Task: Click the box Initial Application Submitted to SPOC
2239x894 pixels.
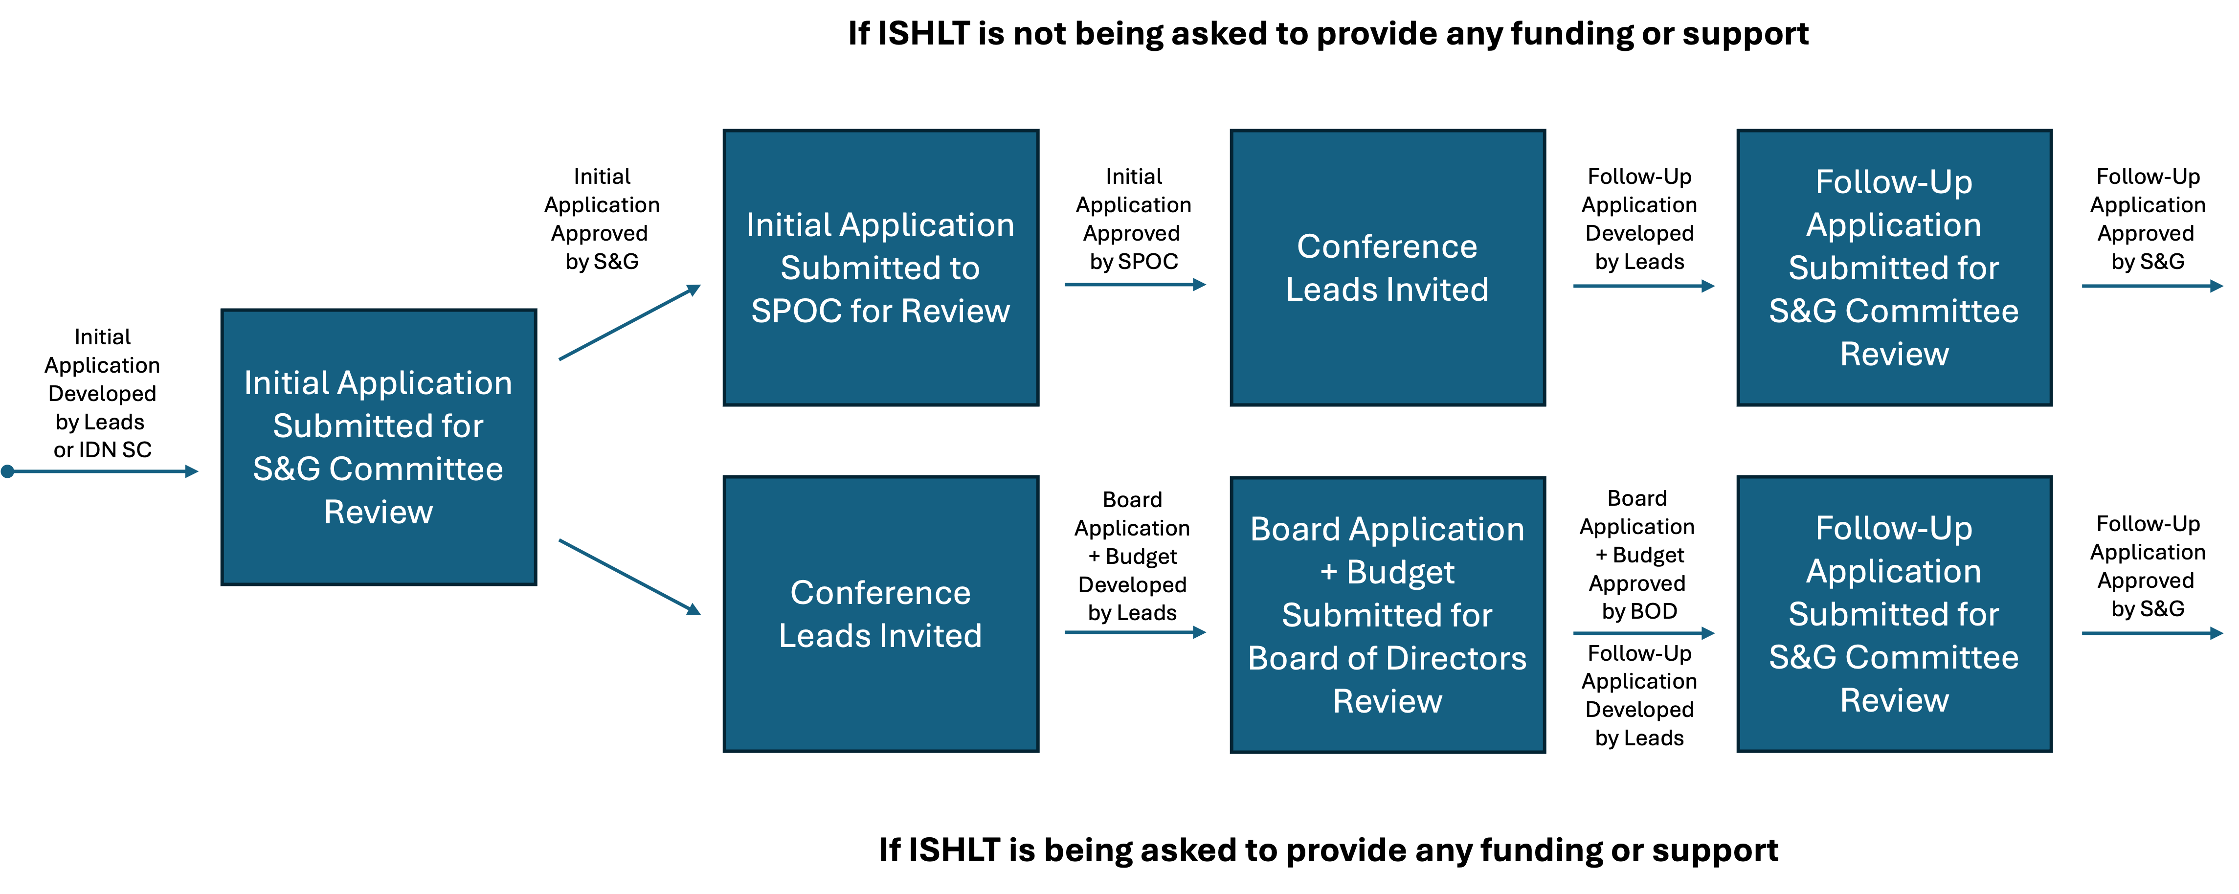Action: pos(880,268)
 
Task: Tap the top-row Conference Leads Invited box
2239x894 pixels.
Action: pos(1387,268)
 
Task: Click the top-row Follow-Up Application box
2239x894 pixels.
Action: pos(1894,268)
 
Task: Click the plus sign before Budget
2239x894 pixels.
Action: pos(1328,572)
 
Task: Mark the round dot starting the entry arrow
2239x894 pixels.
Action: pos(8,471)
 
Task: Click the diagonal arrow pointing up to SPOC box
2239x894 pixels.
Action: pos(629,322)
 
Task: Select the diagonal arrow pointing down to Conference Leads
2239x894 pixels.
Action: pos(629,577)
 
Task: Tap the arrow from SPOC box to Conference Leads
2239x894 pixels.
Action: pos(1134,284)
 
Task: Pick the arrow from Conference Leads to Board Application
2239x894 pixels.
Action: pos(1134,632)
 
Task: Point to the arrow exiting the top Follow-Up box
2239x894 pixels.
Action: pos(2151,285)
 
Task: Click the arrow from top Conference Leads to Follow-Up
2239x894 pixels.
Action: pos(1643,285)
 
